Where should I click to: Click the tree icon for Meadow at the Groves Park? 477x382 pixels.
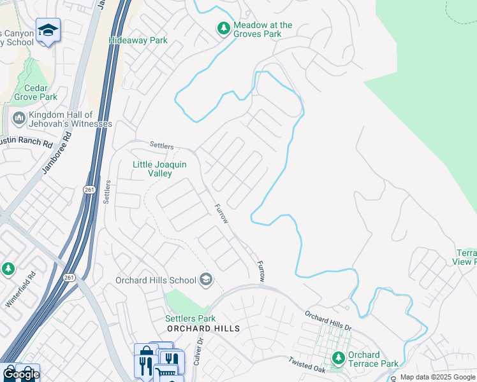pos(223,29)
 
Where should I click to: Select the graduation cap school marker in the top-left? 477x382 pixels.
pos(48,31)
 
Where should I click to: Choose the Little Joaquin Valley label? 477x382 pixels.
pos(159,169)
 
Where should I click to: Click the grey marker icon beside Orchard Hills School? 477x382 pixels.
pos(205,279)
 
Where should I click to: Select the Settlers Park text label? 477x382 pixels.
pos(190,318)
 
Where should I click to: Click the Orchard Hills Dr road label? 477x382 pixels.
pos(328,320)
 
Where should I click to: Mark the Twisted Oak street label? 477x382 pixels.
pos(306,364)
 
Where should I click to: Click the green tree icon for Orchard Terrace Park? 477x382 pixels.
pos(338,359)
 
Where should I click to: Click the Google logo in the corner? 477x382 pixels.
pos(20,374)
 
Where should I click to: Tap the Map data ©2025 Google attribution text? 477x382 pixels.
pos(437,377)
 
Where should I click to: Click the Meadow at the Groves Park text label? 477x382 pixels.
pos(263,29)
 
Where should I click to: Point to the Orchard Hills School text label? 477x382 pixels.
pos(156,280)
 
